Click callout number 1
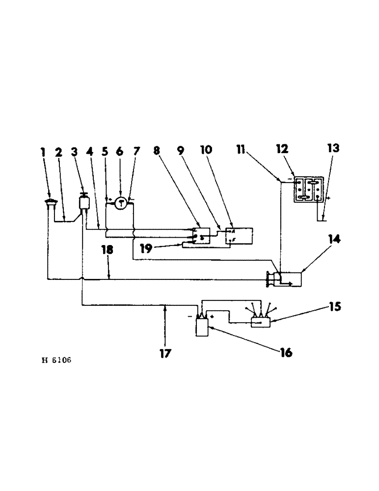tap(43, 152)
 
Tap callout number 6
tap(120, 152)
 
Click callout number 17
tap(165, 353)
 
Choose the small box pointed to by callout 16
tap(202, 327)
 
